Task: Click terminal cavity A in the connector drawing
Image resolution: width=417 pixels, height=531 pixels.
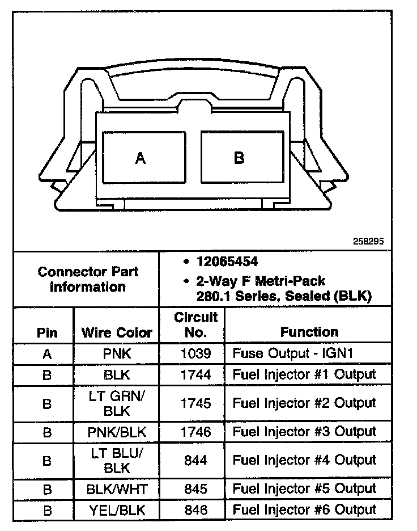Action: point(141,158)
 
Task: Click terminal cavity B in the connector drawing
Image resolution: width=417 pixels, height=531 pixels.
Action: point(239,158)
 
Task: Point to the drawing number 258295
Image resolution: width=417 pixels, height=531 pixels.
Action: point(368,241)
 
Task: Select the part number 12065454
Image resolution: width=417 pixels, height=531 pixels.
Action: point(227,262)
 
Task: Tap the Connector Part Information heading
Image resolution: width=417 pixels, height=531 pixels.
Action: point(88,279)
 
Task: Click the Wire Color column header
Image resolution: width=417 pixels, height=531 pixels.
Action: point(117,332)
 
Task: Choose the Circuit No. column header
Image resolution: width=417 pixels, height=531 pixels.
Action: point(195,324)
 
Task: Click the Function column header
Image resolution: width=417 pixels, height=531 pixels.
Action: point(309,332)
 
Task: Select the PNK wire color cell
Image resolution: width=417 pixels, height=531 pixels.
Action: point(117,354)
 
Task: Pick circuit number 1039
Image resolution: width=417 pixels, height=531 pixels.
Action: point(195,354)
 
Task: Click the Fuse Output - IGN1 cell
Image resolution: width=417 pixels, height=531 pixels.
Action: point(293,354)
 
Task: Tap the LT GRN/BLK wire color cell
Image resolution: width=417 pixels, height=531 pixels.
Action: point(117,403)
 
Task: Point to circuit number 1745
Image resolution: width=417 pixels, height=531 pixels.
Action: point(195,403)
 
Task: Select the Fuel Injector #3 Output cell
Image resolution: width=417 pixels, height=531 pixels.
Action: point(304,432)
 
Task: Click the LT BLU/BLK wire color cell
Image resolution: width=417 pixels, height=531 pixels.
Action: point(117,460)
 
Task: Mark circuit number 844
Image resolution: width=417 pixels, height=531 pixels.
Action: point(195,460)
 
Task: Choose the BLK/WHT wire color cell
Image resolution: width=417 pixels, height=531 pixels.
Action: point(117,488)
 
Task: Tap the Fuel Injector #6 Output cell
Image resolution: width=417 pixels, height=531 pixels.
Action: point(304,510)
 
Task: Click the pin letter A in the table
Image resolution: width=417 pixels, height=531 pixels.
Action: point(47,354)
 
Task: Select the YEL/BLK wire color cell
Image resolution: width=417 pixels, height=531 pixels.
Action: point(117,510)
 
